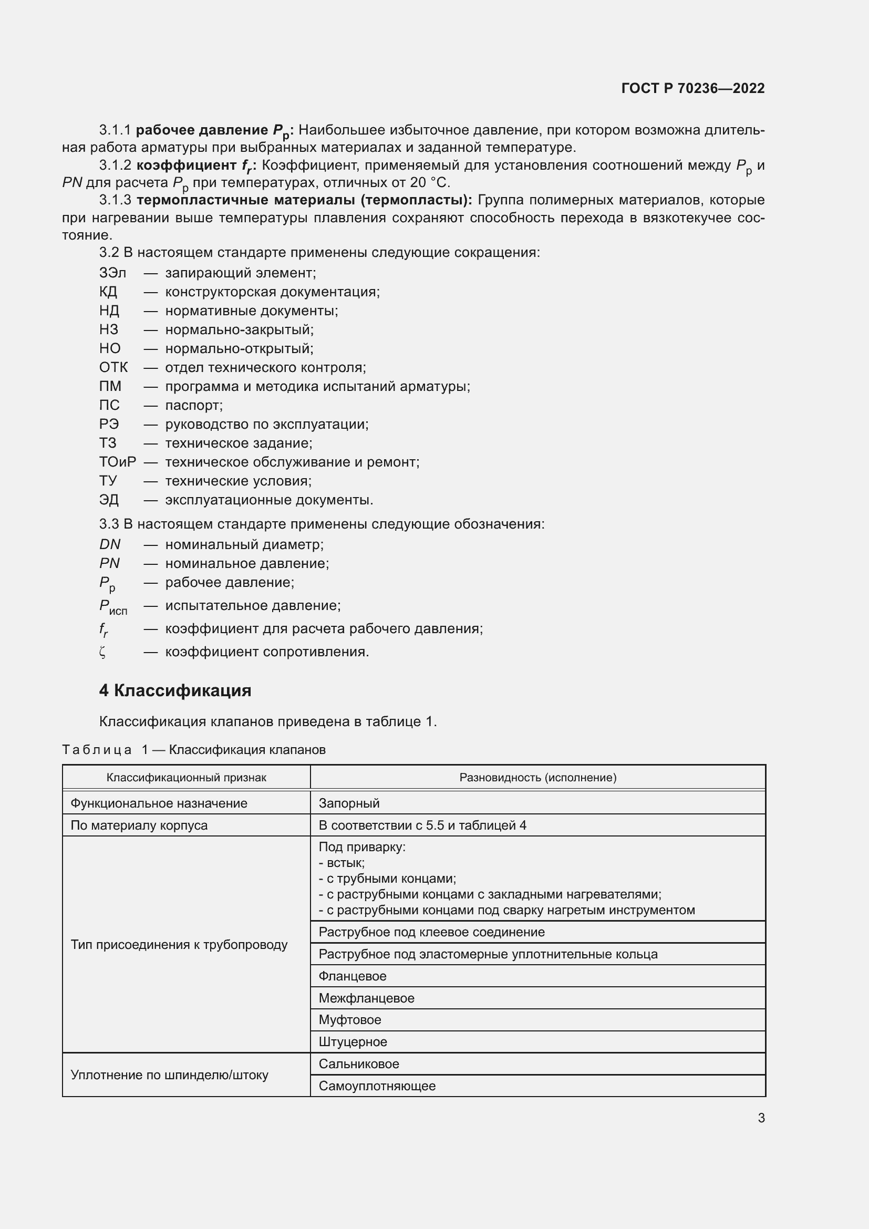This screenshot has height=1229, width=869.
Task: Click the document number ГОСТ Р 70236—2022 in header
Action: pos(692,88)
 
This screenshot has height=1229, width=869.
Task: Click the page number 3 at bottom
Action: pos(761,1118)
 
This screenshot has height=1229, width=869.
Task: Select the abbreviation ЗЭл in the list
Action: pos(112,273)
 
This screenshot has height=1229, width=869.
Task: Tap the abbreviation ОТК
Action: pos(113,367)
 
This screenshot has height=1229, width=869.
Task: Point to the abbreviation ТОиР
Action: pos(117,462)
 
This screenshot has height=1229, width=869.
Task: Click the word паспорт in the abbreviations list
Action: pos(194,405)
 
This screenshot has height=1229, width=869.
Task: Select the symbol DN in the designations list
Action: pos(110,544)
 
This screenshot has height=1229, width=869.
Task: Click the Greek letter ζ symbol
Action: pos(103,652)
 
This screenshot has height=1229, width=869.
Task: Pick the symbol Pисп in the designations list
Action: pos(113,606)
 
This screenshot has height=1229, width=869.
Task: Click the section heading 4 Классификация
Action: pos(175,690)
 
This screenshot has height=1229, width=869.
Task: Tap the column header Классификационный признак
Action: pos(186,777)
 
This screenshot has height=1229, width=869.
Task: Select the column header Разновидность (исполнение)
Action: pos(538,777)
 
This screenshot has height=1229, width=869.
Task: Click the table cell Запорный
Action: pos(349,803)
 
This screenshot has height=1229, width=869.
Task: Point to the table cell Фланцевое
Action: pos(352,976)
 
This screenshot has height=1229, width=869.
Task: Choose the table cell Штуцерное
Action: pos(353,1041)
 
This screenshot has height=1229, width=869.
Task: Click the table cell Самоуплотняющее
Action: pos(377,1086)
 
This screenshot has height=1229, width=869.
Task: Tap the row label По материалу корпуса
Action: pos(139,825)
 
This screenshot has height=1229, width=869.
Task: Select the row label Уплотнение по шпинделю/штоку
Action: pos(169,1075)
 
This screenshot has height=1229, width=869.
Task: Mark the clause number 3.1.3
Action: pos(115,200)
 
